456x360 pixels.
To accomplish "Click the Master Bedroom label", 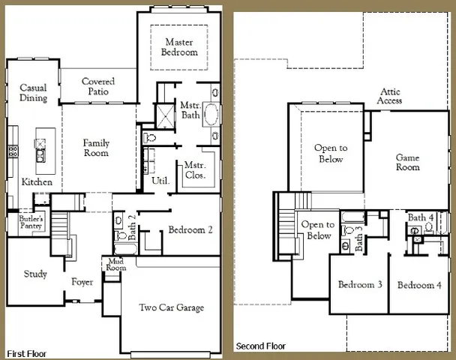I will (x=180, y=47).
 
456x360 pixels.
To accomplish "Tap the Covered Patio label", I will (x=98, y=86).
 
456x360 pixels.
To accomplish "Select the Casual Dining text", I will (x=33, y=93).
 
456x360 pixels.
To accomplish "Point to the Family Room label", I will (x=96, y=148).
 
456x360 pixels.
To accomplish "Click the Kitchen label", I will (x=37, y=182).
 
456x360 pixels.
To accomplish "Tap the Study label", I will (x=35, y=274).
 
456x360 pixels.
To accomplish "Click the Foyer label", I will (x=82, y=283).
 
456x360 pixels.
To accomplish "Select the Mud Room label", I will (x=115, y=265).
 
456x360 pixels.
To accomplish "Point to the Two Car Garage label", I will (x=172, y=307).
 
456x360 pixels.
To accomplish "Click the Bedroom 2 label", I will (x=190, y=230).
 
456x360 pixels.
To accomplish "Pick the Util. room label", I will (x=160, y=181).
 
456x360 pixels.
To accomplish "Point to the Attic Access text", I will (x=390, y=97).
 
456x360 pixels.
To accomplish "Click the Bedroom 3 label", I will (x=360, y=286).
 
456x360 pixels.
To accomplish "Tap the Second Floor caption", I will (x=261, y=346).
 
